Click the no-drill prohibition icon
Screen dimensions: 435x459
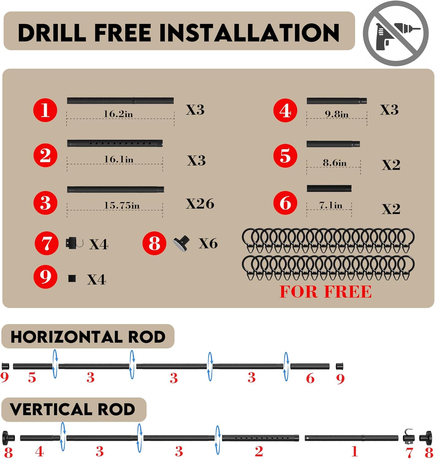pyautogui.click(x=395, y=33)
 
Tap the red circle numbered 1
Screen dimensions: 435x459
pyautogui.click(x=45, y=110)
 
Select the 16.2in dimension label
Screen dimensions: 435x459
pyautogui.click(x=118, y=114)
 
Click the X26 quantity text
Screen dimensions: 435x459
pyautogui.click(x=200, y=203)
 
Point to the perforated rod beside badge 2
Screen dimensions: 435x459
pyautogui.click(x=115, y=143)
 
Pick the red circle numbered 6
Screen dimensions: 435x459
pyautogui.click(x=285, y=203)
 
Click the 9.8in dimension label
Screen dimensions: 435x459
pyautogui.click(x=337, y=114)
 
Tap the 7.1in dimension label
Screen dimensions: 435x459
pyautogui.click(x=330, y=205)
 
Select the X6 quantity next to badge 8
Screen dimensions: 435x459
pyautogui.click(x=208, y=244)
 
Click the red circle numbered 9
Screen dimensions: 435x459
pyautogui.click(x=45, y=277)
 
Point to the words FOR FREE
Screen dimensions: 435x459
pyautogui.click(x=326, y=292)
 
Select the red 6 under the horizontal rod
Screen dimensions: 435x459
pyautogui.click(x=310, y=378)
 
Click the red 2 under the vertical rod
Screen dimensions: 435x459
pyautogui.click(x=259, y=451)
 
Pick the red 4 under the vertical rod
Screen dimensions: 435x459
pyautogui.click(x=40, y=452)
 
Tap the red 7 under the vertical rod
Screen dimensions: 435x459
pyautogui.click(x=409, y=453)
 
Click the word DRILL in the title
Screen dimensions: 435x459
pyautogui.click(x=52, y=32)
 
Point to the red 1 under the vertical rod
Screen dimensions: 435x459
pyautogui.click(x=355, y=451)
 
